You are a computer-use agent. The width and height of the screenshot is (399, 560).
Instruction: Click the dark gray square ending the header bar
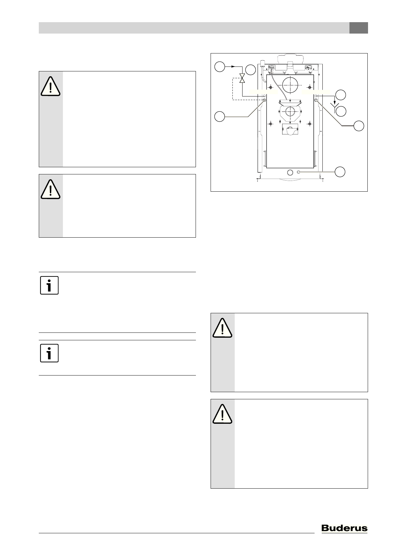[x=359, y=28]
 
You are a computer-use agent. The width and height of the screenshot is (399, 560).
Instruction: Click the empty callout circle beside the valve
[x=250, y=70]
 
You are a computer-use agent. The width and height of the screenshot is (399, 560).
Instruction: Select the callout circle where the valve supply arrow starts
[x=220, y=67]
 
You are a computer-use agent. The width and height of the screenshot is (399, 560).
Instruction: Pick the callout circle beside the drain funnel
[x=341, y=111]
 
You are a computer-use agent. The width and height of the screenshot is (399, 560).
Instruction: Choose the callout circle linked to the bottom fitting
[x=341, y=172]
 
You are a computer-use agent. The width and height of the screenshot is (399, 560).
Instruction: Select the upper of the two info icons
[x=49, y=285]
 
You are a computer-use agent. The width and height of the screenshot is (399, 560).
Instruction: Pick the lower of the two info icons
[x=49, y=353]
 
